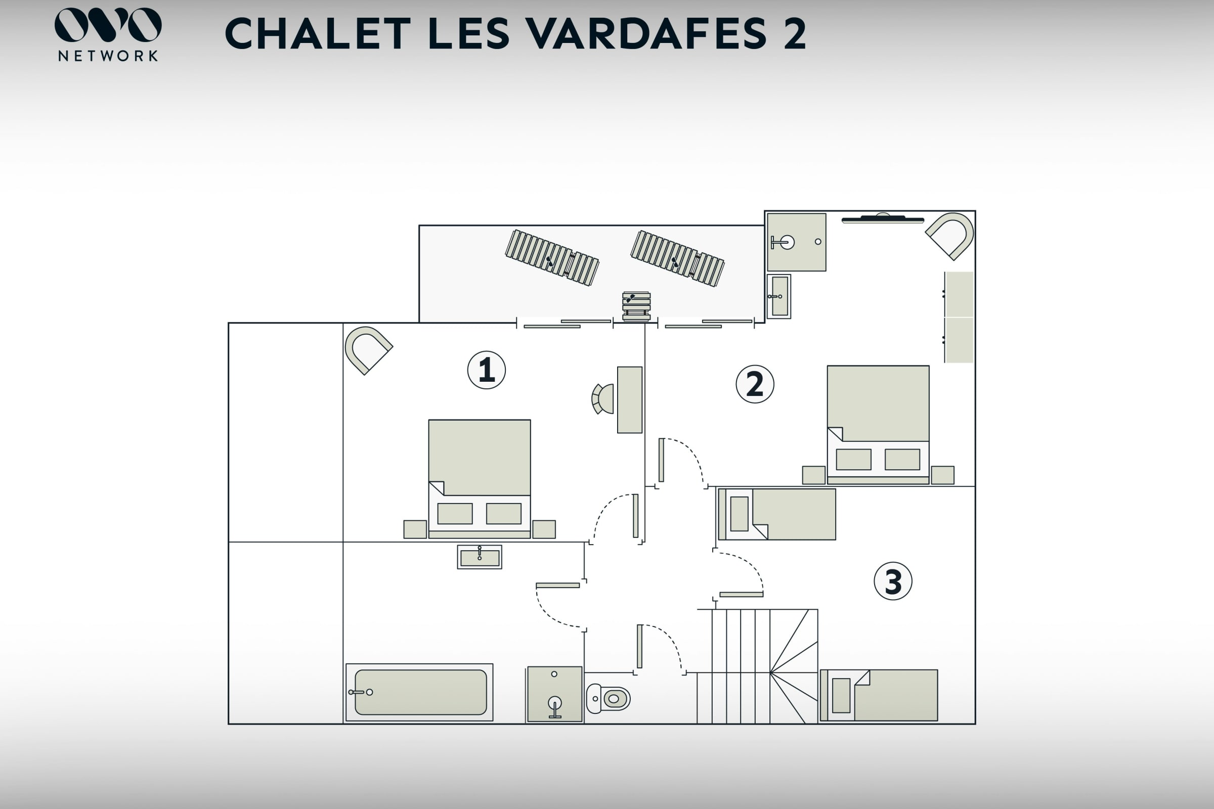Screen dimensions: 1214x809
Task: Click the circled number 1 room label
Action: pos(486,370)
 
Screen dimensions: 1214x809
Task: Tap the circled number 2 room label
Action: pos(755,384)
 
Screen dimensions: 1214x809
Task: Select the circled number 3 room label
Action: pos(893,581)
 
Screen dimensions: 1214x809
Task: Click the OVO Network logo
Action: pos(108,34)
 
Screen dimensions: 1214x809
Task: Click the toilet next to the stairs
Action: pos(608,699)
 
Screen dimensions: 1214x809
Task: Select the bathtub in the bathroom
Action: pos(419,692)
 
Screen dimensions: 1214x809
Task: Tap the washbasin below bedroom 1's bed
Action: pos(480,557)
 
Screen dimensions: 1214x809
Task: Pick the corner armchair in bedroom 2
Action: pos(950,236)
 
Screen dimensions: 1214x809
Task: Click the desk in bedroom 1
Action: pos(630,400)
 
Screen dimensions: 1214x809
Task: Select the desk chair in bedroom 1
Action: pos(603,399)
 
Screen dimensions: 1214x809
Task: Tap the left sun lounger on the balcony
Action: pos(552,257)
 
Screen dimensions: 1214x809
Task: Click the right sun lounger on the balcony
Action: pos(677,258)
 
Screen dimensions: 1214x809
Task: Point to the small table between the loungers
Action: pos(636,306)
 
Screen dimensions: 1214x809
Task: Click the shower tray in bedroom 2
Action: pos(796,242)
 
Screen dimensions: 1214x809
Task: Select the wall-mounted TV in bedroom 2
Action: pos(883,219)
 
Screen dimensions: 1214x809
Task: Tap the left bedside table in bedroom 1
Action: pos(415,529)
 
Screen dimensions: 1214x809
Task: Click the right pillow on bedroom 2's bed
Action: pos(902,459)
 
